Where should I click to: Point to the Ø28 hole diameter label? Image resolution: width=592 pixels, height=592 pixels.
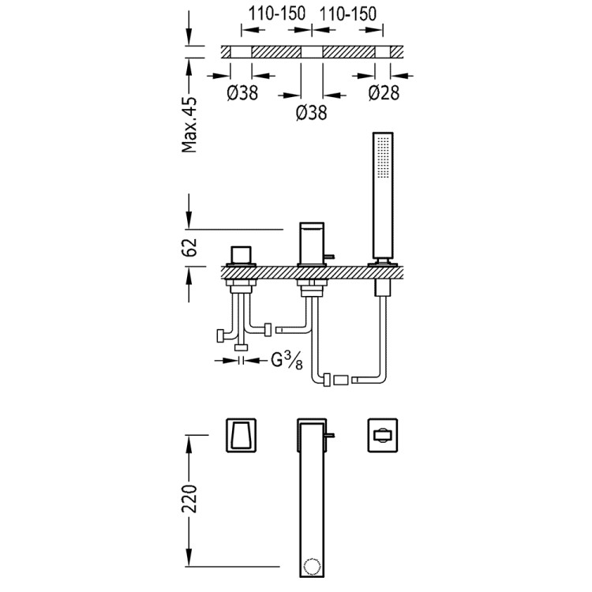pos(383,93)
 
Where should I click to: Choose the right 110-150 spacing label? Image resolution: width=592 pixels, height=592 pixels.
pos(347,13)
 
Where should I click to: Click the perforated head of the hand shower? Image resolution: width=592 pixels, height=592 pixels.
pos(384,162)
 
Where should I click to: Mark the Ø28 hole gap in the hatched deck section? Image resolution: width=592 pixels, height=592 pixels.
pos(383,52)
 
